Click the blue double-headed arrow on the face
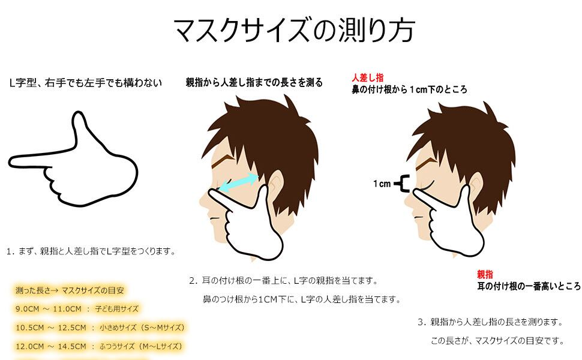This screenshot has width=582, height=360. [238, 183]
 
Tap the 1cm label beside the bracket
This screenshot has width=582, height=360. [382, 184]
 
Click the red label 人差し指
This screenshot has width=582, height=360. [368, 77]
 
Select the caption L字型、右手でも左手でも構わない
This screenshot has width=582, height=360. [86, 83]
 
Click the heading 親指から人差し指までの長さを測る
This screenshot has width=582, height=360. [254, 83]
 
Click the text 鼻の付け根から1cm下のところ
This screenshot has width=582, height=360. [409, 89]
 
